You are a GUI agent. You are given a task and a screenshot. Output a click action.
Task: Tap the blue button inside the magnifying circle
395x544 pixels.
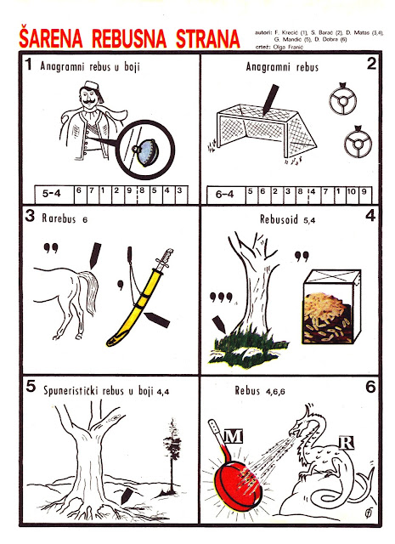[148, 152]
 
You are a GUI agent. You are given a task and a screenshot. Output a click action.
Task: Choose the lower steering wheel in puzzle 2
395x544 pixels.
[358, 142]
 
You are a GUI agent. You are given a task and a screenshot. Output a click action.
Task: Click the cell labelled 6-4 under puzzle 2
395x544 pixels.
[225, 195]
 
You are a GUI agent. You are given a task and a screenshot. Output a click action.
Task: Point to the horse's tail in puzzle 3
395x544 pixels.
[88, 291]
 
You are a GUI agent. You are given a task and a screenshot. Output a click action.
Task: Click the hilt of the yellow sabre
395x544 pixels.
[164, 259]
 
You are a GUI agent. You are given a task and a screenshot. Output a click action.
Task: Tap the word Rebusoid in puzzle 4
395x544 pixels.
[279, 219]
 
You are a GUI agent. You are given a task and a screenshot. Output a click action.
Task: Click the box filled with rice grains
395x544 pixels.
[332, 306]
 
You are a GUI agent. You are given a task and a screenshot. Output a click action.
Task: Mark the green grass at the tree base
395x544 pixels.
[248, 348]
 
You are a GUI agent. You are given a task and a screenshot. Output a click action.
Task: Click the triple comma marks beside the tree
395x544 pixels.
[221, 297]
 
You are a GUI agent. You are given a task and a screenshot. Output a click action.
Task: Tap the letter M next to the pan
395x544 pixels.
[233, 436]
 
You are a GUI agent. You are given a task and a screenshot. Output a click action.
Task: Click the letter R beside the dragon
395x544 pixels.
[346, 443]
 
